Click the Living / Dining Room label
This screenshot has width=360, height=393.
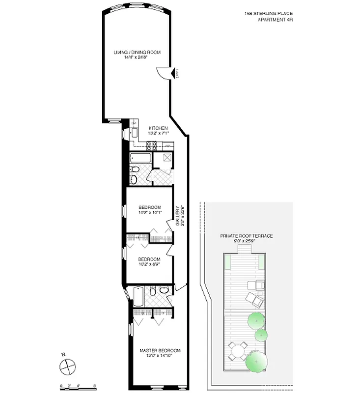(137, 52)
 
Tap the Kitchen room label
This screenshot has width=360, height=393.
(158, 128)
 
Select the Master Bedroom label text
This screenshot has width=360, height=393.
(160, 350)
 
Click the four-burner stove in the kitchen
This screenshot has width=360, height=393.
(151, 145)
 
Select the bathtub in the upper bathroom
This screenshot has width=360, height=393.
(141, 159)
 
